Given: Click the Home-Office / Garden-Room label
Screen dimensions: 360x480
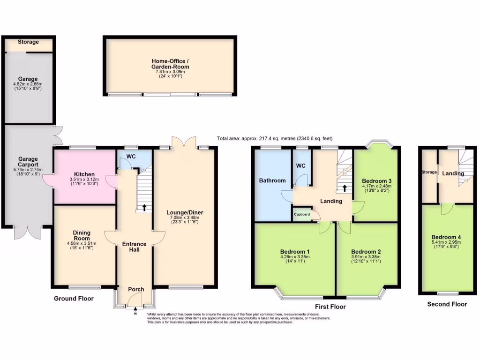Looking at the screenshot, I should (170, 64).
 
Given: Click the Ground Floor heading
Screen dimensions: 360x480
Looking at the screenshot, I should (74, 299).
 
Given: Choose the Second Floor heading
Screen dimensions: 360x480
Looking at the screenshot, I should (447, 304).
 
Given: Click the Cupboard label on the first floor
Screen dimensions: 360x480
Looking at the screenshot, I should (302, 214).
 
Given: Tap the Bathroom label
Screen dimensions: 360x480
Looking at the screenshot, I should (272, 180).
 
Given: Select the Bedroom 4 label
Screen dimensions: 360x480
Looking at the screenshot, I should (446, 237).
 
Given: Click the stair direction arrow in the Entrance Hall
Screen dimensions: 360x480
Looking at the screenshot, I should (144, 206).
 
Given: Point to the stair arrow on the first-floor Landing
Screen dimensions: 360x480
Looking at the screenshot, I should (345, 188).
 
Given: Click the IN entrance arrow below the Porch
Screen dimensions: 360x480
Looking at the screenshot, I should (136, 308).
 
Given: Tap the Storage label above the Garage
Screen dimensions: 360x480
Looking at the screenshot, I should (29, 42).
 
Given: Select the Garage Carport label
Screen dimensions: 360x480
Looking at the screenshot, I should (28, 162).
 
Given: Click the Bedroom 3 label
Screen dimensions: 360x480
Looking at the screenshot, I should (376, 180).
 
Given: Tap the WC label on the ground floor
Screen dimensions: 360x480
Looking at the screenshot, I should (131, 156).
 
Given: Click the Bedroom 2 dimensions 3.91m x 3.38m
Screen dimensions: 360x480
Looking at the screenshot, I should (366, 256).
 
